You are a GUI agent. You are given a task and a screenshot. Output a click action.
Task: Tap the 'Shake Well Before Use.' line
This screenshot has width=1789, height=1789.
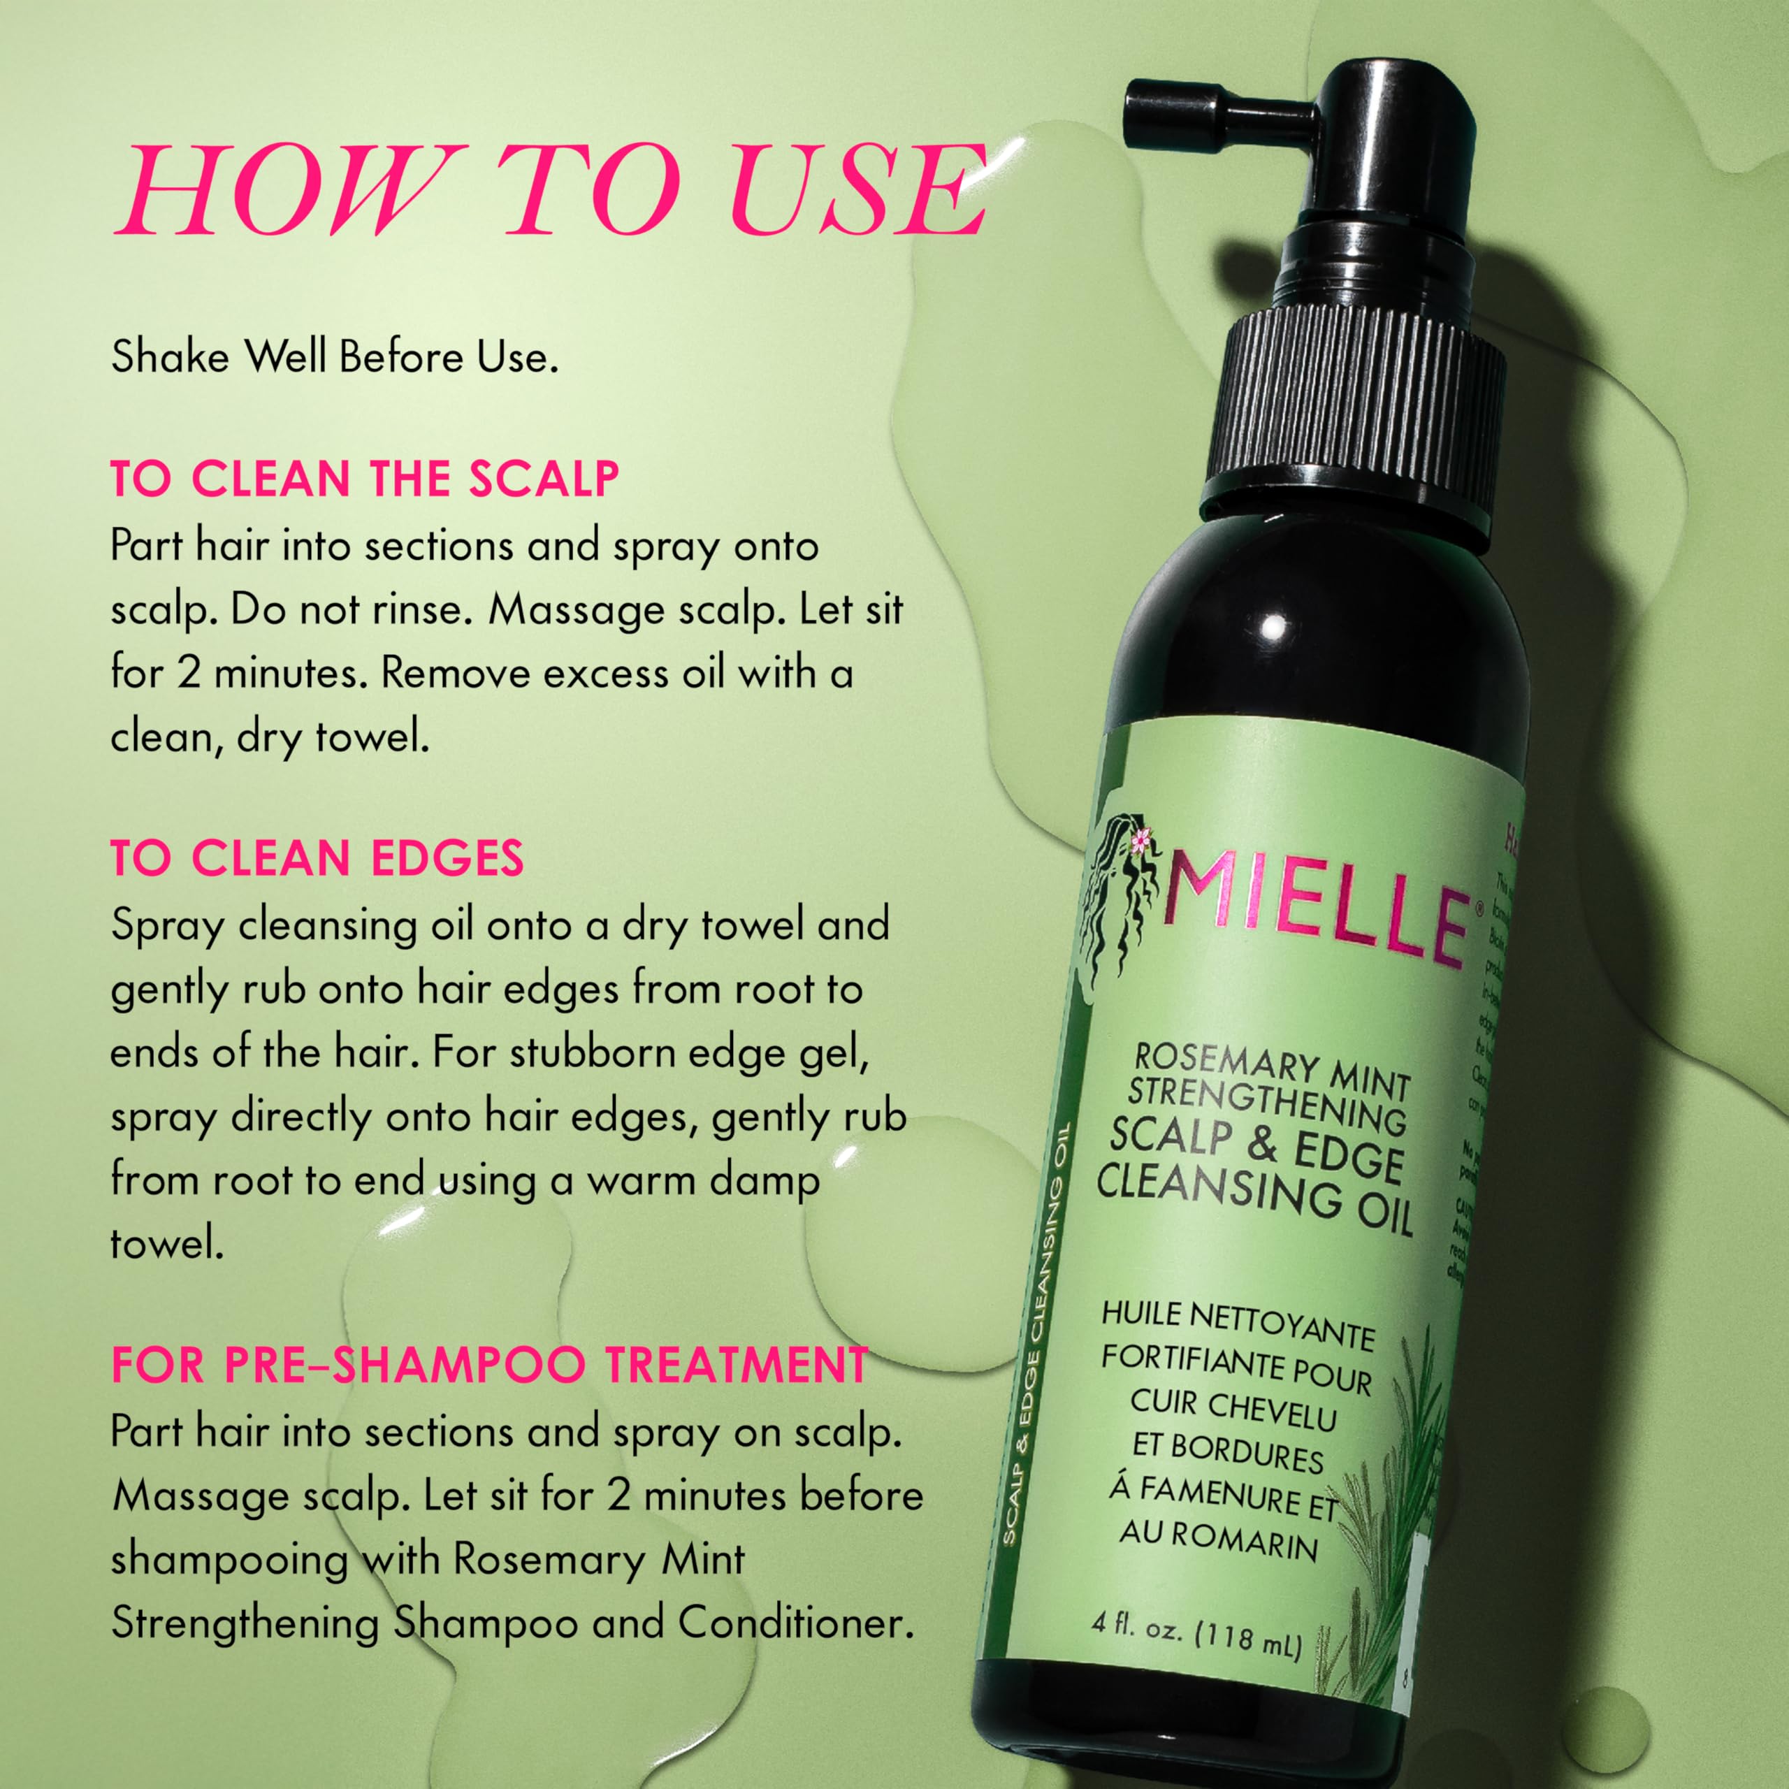pyautogui.click(x=334, y=357)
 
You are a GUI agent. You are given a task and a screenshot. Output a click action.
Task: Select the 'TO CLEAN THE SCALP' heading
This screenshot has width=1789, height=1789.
pyautogui.click(x=365, y=478)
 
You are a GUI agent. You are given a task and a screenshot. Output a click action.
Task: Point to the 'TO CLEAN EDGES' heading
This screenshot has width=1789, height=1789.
pyautogui.click(x=317, y=857)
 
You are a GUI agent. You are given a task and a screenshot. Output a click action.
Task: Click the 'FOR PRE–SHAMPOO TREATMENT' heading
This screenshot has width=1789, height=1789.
pyautogui.click(x=490, y=1365)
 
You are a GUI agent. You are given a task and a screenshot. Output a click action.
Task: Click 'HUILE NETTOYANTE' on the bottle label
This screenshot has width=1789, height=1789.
pyautogui.click(x=1237, y=1325)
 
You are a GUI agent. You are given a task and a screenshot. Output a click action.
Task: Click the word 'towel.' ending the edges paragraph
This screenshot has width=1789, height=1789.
pyautogui.click(x=168, y=1244)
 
